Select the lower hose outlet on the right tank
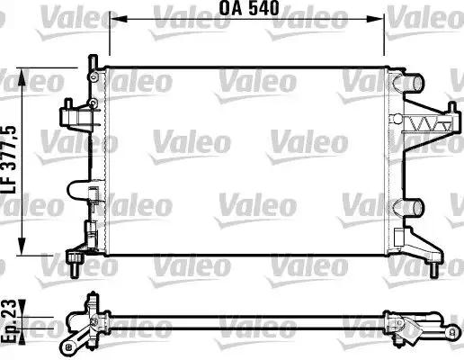coord(411,206)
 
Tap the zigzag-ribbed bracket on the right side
coord(428,125)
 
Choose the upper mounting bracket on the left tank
coord(75,114)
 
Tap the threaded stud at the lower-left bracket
coord(72,267)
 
